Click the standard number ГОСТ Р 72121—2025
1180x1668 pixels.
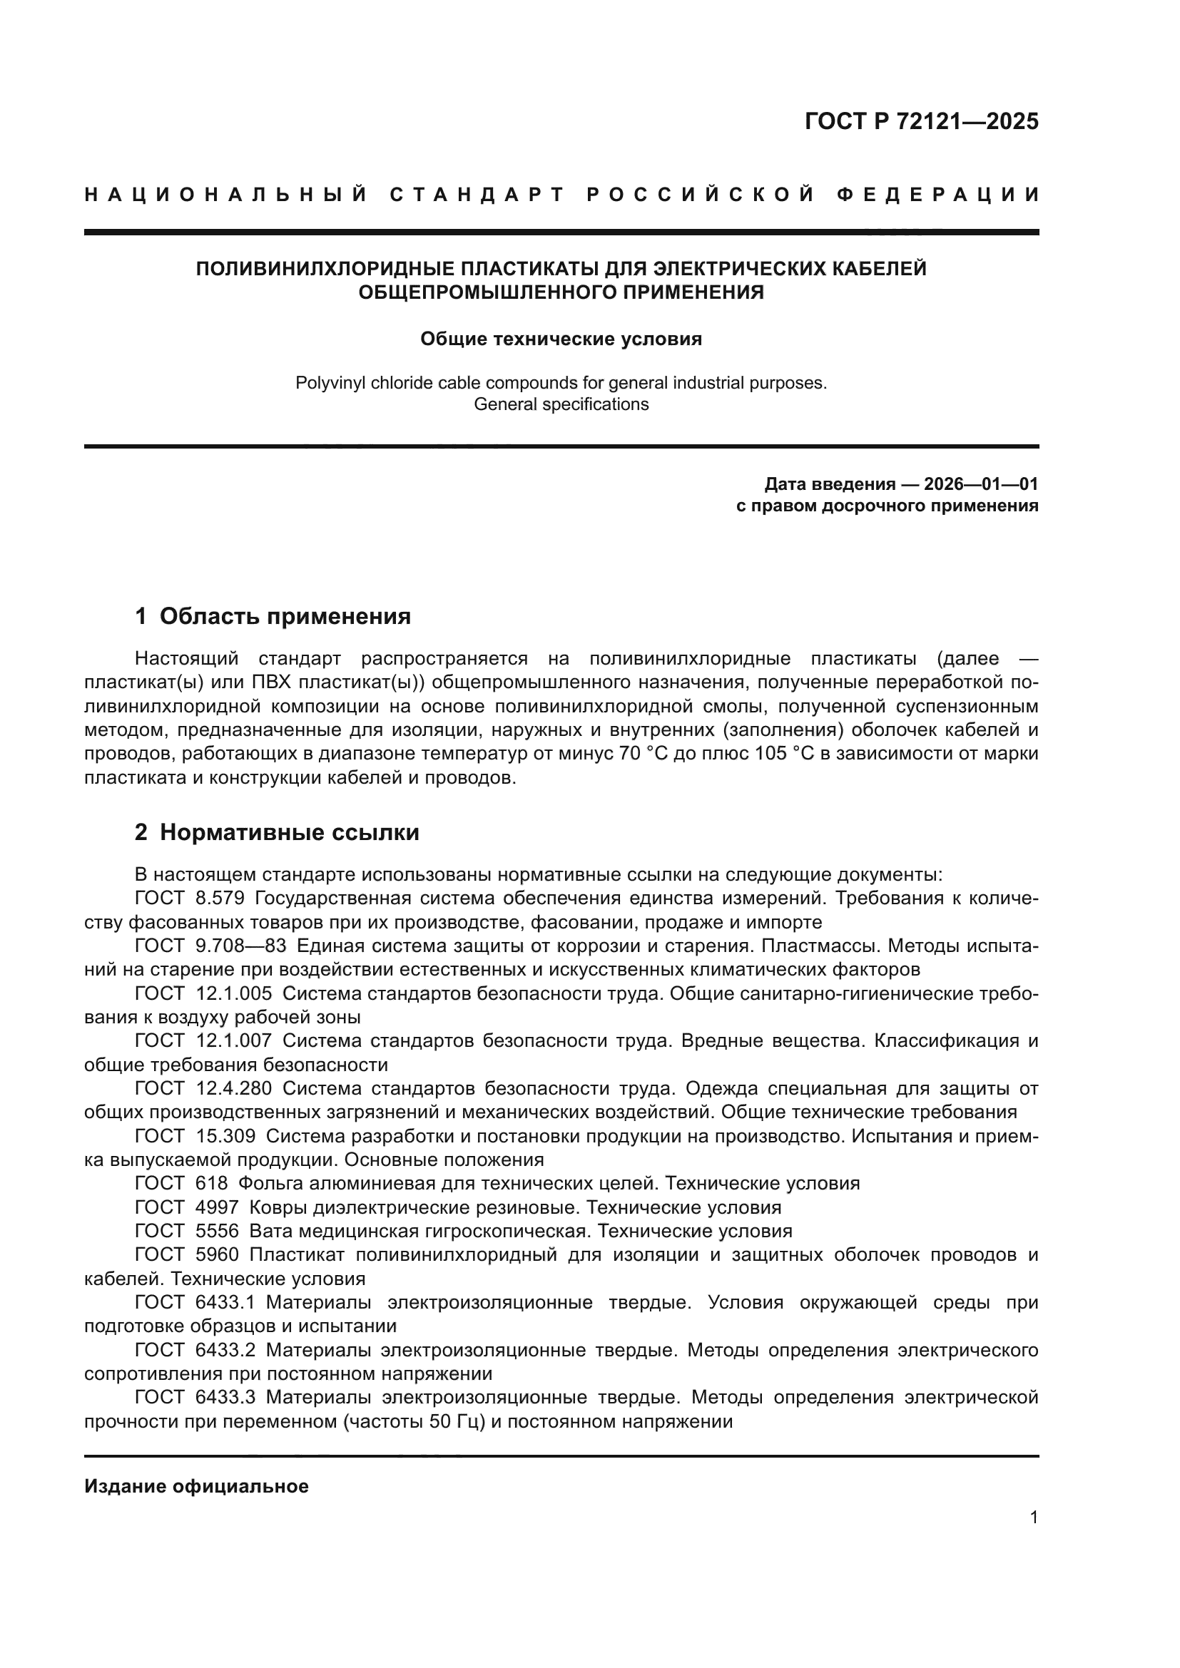921,121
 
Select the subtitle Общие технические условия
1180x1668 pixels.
561,339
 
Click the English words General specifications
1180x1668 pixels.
561,404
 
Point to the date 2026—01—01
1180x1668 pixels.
981,484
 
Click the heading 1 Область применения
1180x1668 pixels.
273,617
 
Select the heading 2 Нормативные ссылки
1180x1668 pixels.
277,832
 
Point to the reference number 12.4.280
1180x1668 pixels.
234,1089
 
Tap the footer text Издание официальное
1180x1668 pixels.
196,1486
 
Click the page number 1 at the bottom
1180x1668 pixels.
1033,1518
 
